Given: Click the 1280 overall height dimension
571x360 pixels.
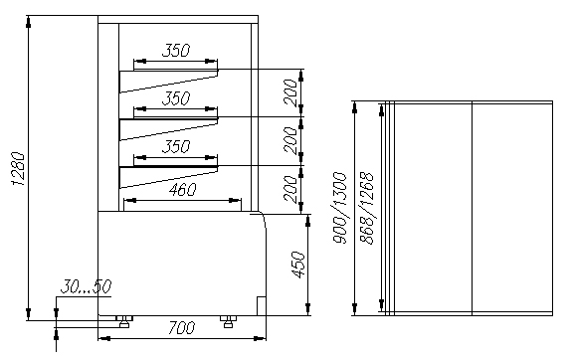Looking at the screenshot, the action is pyautogui.click(x=19, y=168).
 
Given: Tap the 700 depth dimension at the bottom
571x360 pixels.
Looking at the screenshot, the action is pyautogui.click(x=181, y=327).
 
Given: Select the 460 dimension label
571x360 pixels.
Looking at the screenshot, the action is pyautogui.click(x=182, y=190).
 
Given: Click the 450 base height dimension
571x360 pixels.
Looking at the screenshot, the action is pyautogui.click(x=298, y=265).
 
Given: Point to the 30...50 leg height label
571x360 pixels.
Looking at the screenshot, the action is pyautogui.click(x=86, y=286).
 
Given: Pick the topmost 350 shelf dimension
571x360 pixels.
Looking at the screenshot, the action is pyautogui.click(x=176, y=51).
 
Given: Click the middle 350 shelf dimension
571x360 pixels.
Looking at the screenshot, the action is pyautogui.click(x=176, y=98).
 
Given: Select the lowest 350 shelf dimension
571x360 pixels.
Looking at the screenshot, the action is pyautogui.click(x=176, y=147).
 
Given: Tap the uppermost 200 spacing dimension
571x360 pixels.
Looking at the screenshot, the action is pyautogui.click(x=290, y=92).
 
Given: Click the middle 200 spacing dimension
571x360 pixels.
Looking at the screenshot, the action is pyautogui.click(x=290, y=140).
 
